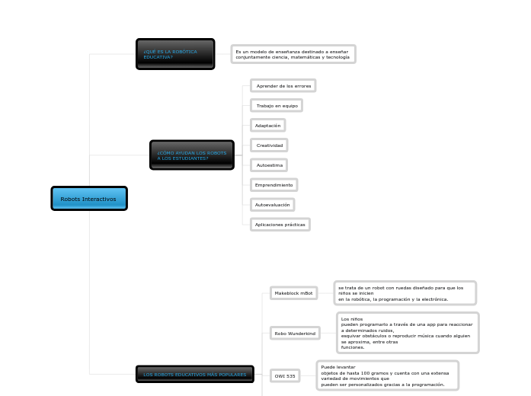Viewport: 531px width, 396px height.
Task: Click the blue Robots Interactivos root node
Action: click(x=88, y=199)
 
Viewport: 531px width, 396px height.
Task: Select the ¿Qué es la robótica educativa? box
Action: click(x=175, y=54)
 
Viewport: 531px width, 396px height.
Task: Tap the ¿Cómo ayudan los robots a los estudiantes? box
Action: click(x=192, y=155)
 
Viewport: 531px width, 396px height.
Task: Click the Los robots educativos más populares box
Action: click(x=195, y=375)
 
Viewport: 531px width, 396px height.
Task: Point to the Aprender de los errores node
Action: click(x=283, y=86)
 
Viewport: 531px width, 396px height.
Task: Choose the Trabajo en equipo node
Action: click(x=277, y=106)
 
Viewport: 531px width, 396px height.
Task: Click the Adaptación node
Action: click(x=267, y=126)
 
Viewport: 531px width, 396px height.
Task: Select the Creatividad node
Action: click(x=270, y=145)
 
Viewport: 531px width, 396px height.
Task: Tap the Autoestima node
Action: click(x=269, y=164)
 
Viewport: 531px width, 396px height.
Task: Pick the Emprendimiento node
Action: click(x=273, y=185)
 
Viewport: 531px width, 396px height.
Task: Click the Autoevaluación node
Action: click(x=272, y=205)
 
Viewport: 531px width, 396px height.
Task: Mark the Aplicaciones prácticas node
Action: click(x=280, y=225)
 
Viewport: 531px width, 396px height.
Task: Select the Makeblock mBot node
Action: click(x=294, y=293)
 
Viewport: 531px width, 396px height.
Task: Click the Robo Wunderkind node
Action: click(x=295, y=333)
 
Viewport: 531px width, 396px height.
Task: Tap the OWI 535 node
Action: click(x=285, y=375)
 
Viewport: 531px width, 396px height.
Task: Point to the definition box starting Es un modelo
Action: click(x=293, y=54)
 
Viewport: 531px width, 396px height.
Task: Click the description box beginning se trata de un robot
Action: click(x=405, y=293)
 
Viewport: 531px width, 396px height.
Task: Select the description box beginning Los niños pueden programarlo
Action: click(x=408, y=333)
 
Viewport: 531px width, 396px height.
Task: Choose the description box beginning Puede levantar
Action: click(x=387, y=375)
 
